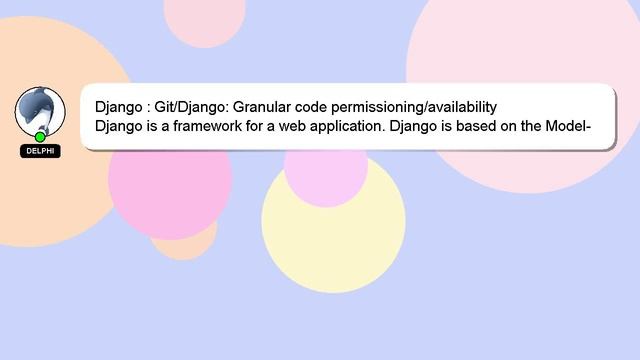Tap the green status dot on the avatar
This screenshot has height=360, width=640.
40,137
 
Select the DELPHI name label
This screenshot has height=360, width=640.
40,151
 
